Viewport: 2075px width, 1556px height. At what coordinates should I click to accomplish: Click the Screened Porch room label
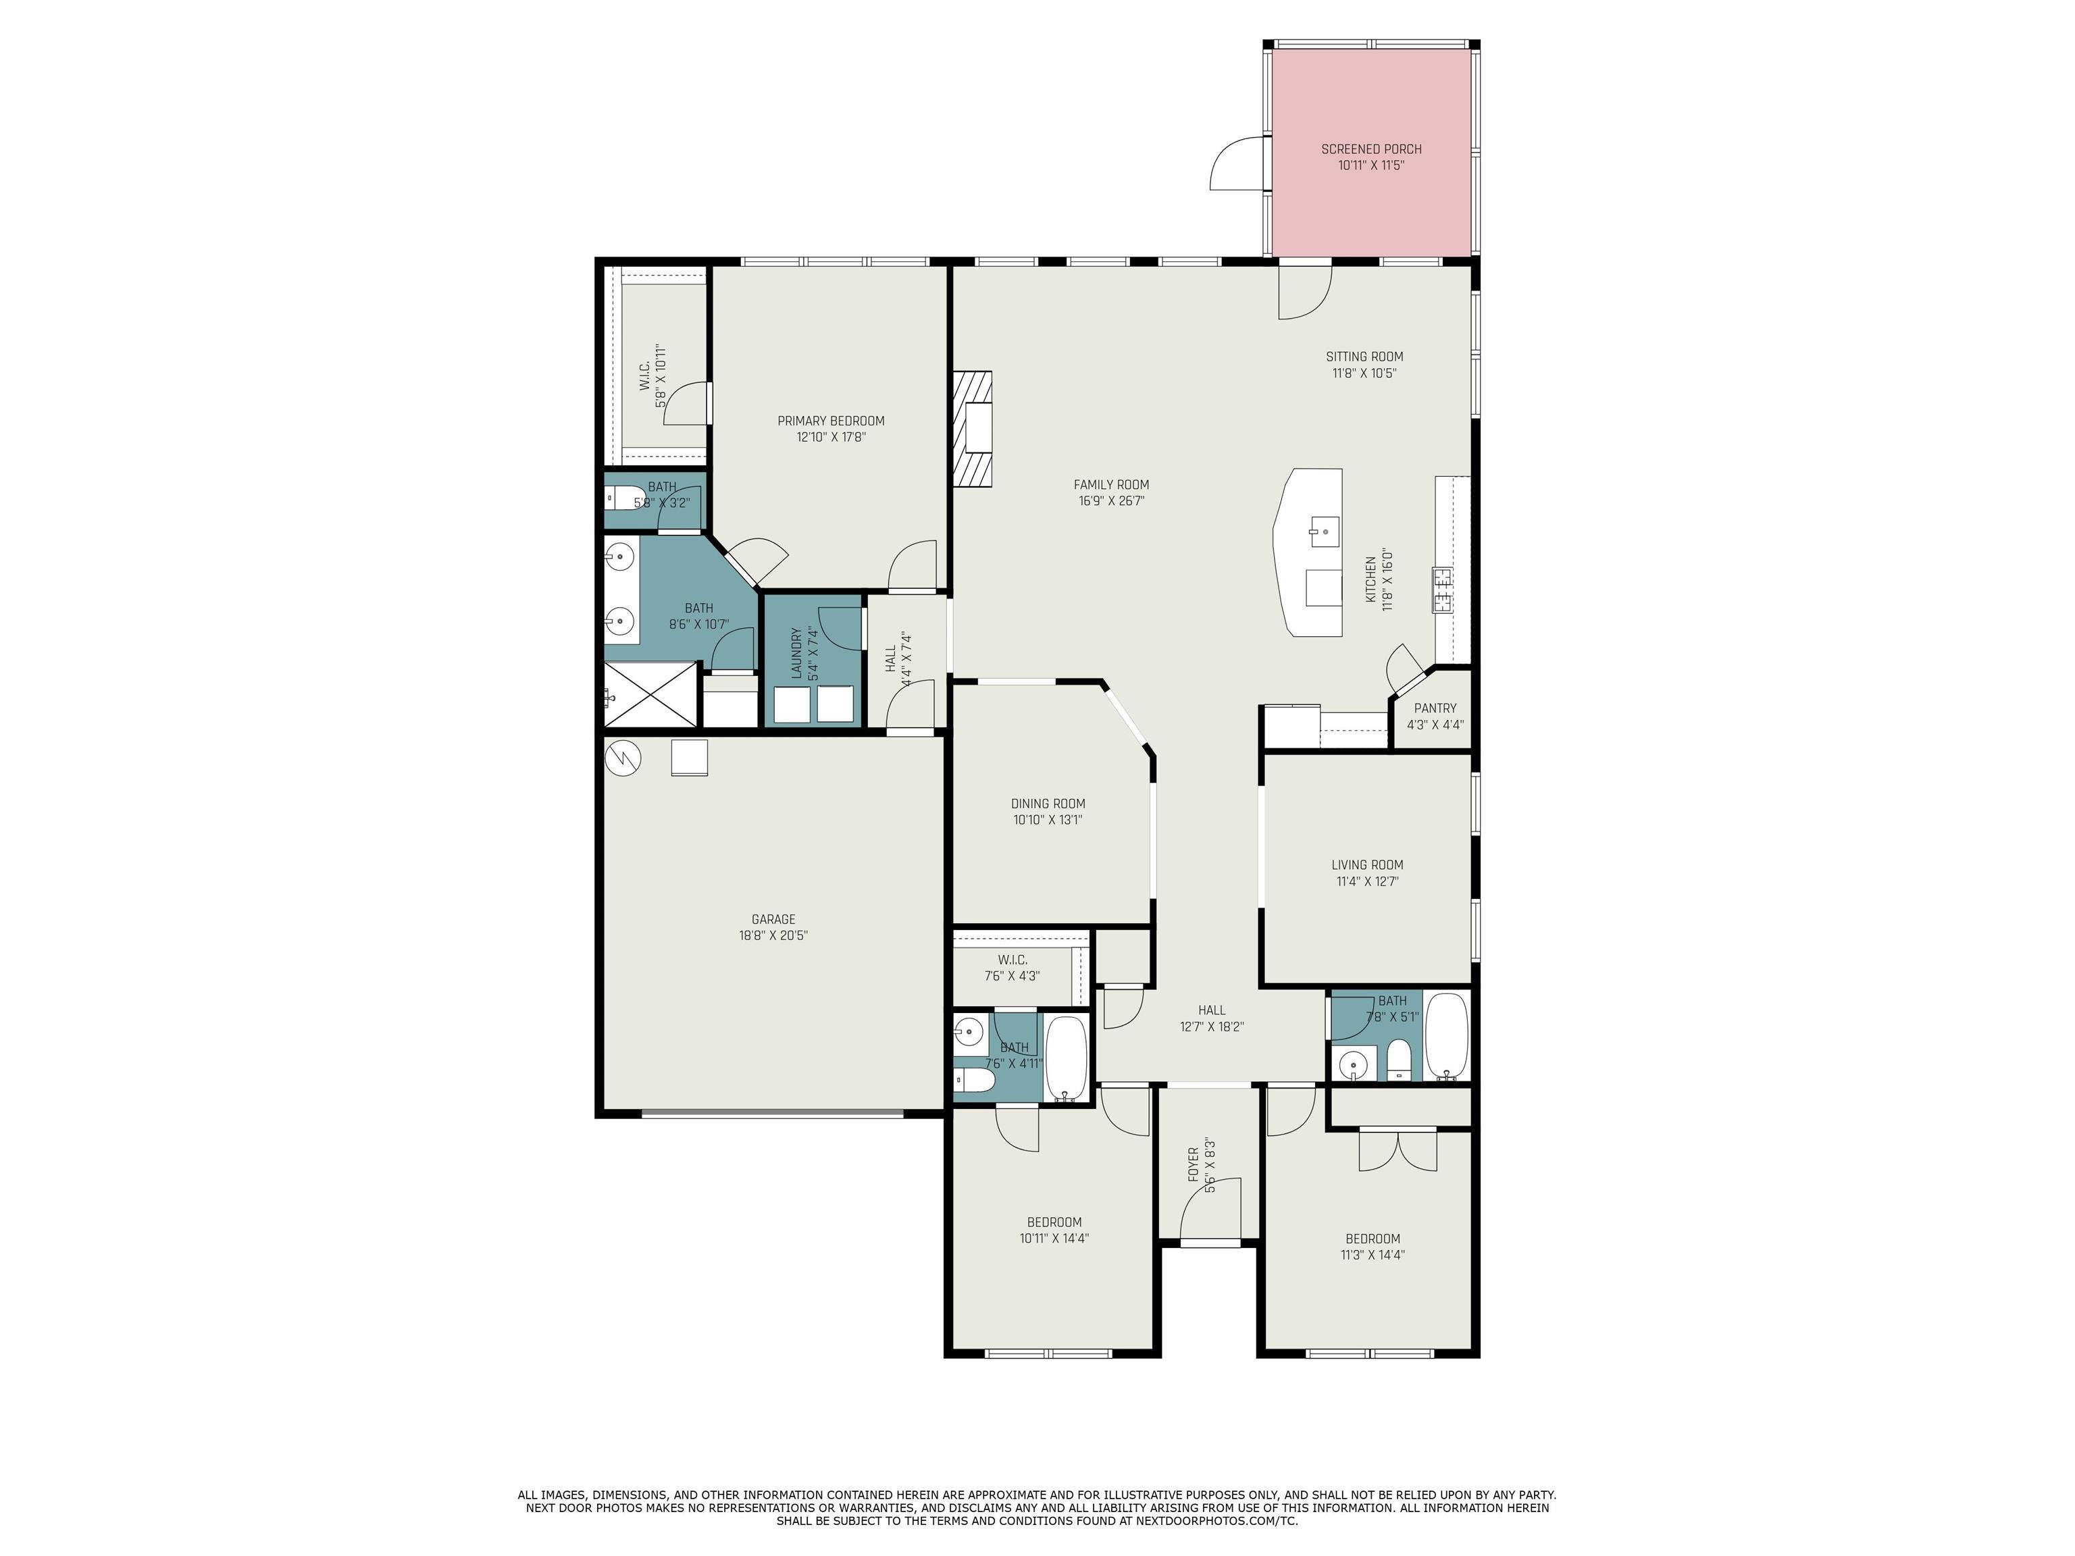tap(1370, 149)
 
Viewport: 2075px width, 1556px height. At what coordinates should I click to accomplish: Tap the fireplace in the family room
tap(973, 430)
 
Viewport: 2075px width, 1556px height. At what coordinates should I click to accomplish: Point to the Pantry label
tap(1435, 708)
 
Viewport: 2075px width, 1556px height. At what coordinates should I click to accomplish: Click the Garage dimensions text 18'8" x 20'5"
tap(773, 935)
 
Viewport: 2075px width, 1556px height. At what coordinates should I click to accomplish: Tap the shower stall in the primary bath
tap(651, 694)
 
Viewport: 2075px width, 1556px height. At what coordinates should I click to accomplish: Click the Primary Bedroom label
tap(831, 421)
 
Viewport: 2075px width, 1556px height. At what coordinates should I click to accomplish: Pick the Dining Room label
tap(1048, 804)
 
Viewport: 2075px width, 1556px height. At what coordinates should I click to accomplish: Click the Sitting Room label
tap(1364, 357)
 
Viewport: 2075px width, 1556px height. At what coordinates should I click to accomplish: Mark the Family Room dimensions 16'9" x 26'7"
tap(1112, 501)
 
